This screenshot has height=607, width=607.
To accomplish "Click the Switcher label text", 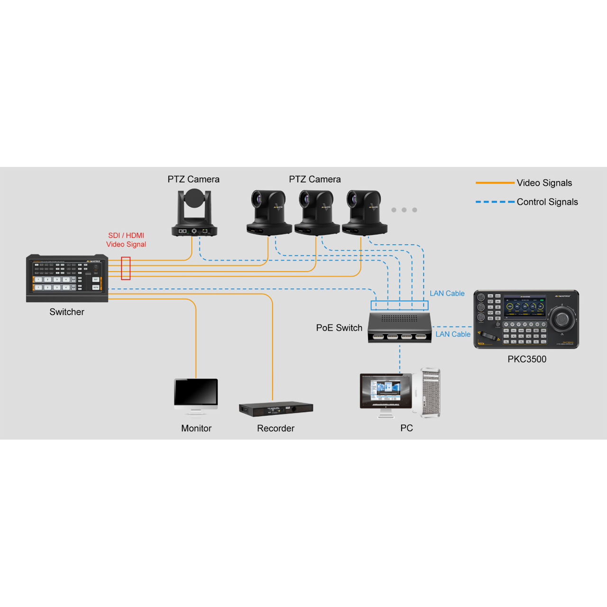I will pyautogui.click(x=67, y=312).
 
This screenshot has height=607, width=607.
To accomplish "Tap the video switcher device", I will pyautogui.click(x=67, y=278).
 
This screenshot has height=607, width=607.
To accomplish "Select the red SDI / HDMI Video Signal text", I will pyautogui.click(x=126, y=240).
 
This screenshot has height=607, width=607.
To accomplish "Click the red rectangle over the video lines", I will pyautogui.click(x=126, y=268).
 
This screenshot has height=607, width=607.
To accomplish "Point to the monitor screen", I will pyautogui.click(x=196, y=392).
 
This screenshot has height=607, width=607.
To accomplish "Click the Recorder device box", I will pyautogui.click(x=276, y=409).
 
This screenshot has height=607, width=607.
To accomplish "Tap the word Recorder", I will pyautogui.click(x=276, y=428).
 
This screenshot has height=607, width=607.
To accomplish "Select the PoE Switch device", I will pyautogui.click(x=400, y=328).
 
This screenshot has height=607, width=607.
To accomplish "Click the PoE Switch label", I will pyautogui.click(x=339, y=328).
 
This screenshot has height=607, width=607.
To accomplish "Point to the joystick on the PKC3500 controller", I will pyautogui.click(x=562, y=319).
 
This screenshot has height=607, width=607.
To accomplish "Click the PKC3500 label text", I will pyautogui.click(x=527, y=359).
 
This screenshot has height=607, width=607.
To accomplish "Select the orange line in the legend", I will pyautogui.click(x=495, y=183).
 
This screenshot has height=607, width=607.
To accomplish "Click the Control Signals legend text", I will pyautogui.click(x=547, y=202).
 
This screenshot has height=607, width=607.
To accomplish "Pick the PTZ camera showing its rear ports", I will pyautogui.click(x=194, y=213).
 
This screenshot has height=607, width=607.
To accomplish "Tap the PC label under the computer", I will pyautogui.click(x=406, y=428).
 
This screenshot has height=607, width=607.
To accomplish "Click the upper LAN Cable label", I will pyautogui.click(x=447, y=294).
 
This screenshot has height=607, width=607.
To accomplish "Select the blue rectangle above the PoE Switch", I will pyautogui.click(x=399, y=305).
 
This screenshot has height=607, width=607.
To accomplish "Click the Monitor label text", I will pyautogui.click(x=196, y=428).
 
